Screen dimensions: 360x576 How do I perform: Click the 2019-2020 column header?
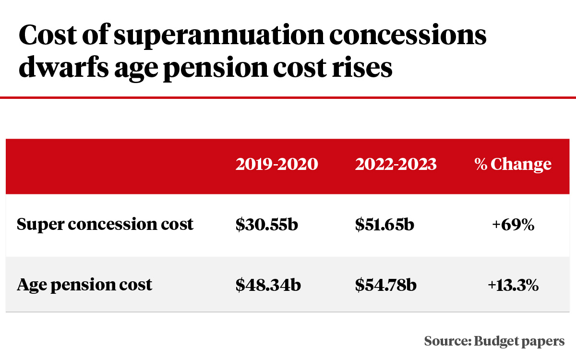click(276, 165)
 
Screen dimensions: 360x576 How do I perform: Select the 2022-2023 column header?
click(396, 165)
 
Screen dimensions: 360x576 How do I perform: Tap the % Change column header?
click(513, 165)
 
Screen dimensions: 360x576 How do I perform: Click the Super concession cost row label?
click(105, 224)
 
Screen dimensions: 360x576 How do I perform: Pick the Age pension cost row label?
click(84, 285)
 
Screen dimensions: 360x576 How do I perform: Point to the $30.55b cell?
click(267, 224)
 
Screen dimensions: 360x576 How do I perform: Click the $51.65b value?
click(384, 224)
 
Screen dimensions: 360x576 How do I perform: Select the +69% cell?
click(513, 224)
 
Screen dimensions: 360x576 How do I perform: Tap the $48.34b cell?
click(268, 285)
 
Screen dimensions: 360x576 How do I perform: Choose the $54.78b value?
click(385, 285)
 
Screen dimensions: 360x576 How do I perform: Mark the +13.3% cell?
click(513, 285)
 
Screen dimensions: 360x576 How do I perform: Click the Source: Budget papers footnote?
click(494, 341)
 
